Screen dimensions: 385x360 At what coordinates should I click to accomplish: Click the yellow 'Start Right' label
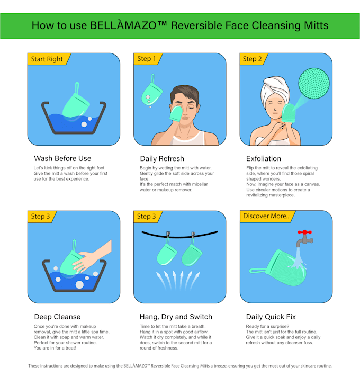click(47, 59)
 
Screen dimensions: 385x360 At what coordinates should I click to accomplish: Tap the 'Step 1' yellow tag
click(147, 59)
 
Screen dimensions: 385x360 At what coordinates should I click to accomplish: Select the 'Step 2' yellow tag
click(252, 59)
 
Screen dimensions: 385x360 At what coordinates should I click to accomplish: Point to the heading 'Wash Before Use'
click(62, 158)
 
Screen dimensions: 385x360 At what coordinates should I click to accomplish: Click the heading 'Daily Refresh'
click(162, 158)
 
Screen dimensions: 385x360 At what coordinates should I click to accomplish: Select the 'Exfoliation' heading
click(264, 158)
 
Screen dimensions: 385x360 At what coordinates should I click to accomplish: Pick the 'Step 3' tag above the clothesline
click(147, 216)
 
